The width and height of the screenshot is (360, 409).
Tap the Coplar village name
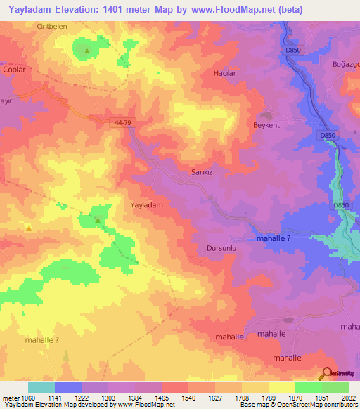(14, 70)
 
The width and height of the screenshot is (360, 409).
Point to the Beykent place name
(266, 125)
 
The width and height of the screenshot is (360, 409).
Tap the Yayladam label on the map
(147, 205)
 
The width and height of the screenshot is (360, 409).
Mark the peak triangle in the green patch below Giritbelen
(86, 51)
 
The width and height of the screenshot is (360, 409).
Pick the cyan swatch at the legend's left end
(41, 387)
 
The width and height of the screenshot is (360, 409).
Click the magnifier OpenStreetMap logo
(326, 374)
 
